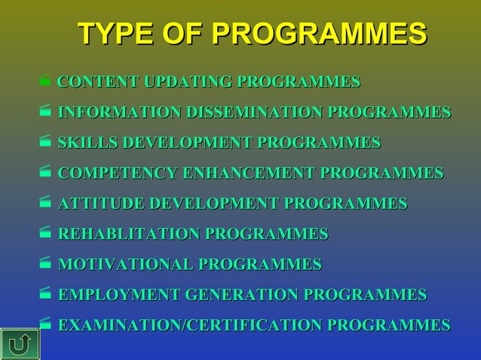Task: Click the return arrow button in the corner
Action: (x=20, y=343)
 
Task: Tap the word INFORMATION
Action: (x=119, y=113)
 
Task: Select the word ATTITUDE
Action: (x=102, y=203)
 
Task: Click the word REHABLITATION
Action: (x=129, y=234)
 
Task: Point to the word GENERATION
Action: (x=243, y=294)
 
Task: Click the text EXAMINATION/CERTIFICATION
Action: (x=191, y=325)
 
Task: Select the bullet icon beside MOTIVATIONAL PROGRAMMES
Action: (x=44, y=264)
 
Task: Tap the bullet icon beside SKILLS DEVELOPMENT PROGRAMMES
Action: (x=44, y=142)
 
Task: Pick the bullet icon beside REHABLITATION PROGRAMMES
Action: (x=44, y=233)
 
